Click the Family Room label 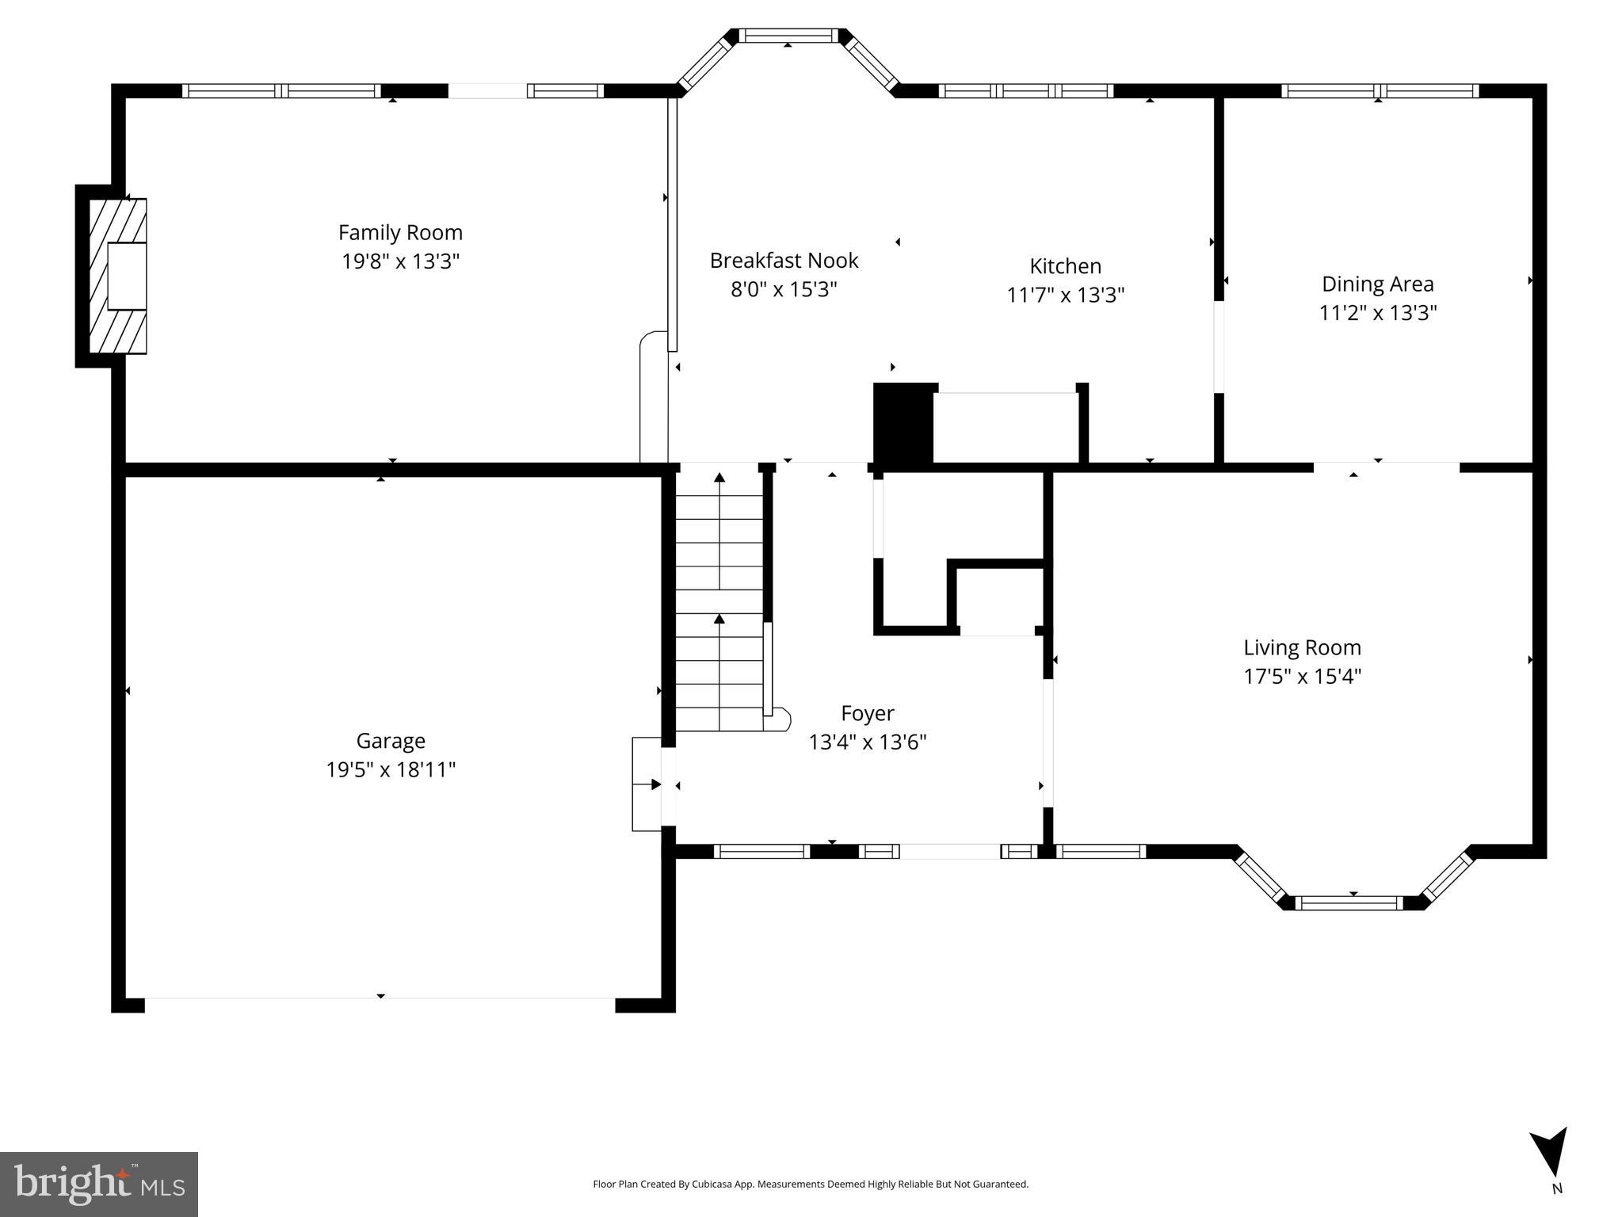[400, 233]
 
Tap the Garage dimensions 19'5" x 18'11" [391, 769]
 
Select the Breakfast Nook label [784, 261]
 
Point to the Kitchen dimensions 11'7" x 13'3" [1065, 295]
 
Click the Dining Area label [1377, 284]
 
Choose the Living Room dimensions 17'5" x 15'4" [1302, 676]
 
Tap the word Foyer [867, 713]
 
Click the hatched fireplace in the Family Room [117, 275]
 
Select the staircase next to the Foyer [719, 602]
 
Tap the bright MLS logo [99, 1184]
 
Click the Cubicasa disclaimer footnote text [810, 1184]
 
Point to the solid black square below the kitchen [903, 423]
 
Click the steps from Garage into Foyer [647, 784]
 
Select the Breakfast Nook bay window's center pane [788, 36]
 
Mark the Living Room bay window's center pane [1353, 902]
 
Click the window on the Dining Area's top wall [1380, 91]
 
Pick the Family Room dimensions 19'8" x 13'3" [400, 261]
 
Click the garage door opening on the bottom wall [380, 1004]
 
